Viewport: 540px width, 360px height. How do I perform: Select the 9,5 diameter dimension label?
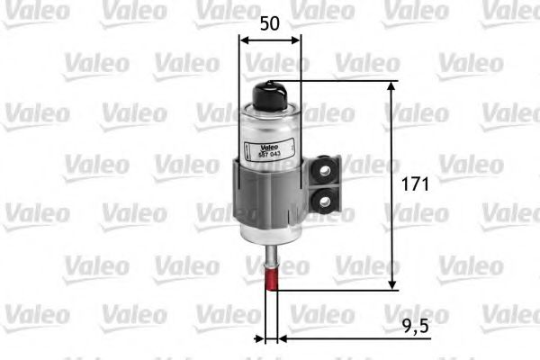pyautogui.click(x=418, y=323)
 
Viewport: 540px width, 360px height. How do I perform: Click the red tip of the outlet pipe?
pyautogui.click(x=271, y=283)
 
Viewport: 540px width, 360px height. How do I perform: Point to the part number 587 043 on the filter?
pyautogui.click(x=270, y=155)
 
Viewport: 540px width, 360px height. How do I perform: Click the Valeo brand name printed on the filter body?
pyautogui.click(x=270, y=147)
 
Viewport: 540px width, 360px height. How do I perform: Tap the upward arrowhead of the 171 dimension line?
pyautogui.click(x=392, y=86)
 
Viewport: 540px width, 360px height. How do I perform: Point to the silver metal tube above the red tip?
pyautogui.click(x=271, y=259)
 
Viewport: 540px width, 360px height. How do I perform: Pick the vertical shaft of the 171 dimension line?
pyautogui.click(x=392, y=225)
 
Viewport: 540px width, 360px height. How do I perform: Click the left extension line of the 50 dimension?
pyautogui.click(x=240, y=72)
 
